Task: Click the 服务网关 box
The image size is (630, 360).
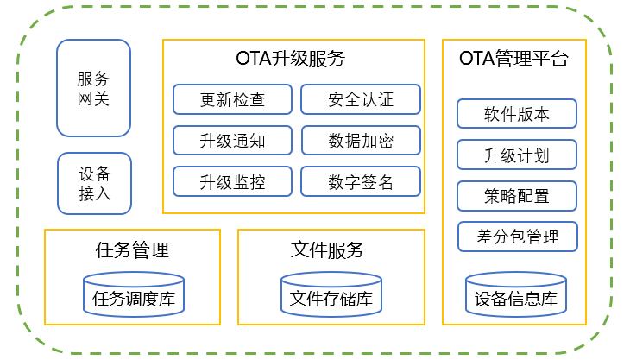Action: (93, 88)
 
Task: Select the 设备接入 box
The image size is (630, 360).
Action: (94, 183)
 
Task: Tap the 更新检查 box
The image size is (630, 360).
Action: (233, 99)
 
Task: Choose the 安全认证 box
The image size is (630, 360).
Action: (361, 99)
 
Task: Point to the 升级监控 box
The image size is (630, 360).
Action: (233, 181)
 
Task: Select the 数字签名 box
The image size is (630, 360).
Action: (361, 181)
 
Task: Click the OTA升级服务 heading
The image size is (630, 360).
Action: (290, 60)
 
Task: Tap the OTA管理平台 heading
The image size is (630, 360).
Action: (514, 60)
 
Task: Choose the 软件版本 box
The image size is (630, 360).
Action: (516, 114)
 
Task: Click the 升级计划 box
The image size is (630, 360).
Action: (516, 155)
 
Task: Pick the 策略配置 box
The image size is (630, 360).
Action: (516, 196)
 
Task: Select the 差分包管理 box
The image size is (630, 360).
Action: (516, 236)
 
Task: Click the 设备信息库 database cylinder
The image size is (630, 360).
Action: (516, 295)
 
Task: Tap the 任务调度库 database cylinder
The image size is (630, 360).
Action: (134, 295)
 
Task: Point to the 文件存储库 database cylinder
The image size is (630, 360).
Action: (331, 295)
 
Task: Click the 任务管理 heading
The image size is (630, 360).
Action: (132, 250)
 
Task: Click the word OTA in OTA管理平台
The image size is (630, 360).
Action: (477, 60)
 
